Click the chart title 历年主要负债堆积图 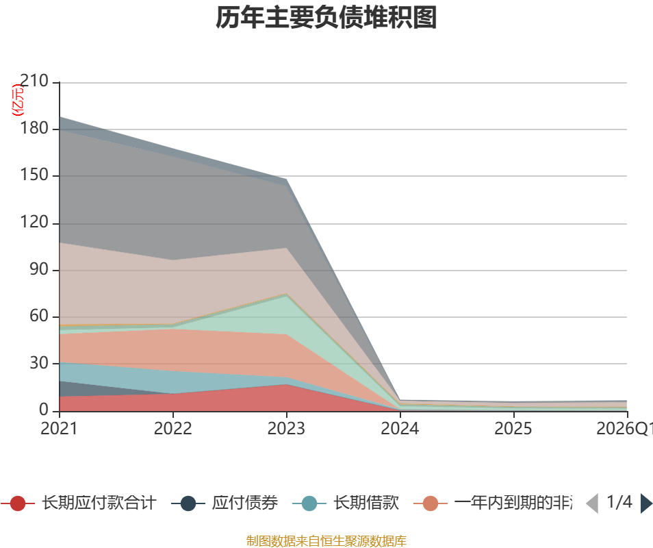[x=326, y=18]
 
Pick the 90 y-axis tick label [x=40, y=270]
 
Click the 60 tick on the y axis [x=40, y=316]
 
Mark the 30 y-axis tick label [x=40, y=363]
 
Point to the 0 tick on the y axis [x=44, y=410]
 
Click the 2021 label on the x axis [x=59, y=429]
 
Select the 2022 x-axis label [x=172, y=429]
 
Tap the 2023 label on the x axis [x=286, y=429]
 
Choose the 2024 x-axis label [x=400, y=429]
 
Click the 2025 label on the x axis [x=513, y=429]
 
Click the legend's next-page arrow [x=646, y=503]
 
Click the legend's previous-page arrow [x=593, y=503]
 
